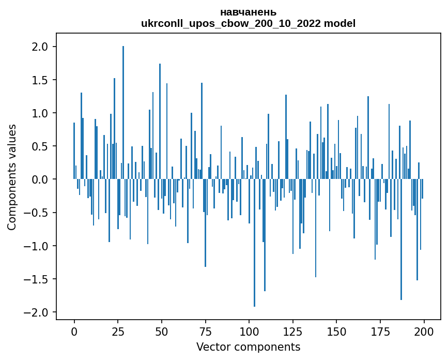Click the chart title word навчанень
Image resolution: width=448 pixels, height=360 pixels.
248,12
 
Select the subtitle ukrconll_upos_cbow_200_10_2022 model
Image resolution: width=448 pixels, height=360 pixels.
248,23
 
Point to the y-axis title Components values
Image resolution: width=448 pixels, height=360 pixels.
12,177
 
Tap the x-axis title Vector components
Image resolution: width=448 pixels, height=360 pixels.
248,347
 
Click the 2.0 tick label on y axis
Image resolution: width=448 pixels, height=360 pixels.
40,47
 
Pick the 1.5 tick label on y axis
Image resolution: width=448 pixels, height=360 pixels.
40,80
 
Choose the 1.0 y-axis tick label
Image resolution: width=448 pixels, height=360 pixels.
40,113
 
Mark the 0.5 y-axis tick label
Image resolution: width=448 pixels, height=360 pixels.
40,146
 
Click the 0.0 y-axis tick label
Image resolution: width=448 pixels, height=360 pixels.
40,179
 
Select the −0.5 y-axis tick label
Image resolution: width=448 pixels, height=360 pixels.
37,213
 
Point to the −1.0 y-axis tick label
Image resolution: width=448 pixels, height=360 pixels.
37,246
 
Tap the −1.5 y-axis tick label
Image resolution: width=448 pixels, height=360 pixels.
37,279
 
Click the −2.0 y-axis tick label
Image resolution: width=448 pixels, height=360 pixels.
37,312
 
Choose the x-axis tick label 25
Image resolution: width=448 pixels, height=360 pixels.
118,331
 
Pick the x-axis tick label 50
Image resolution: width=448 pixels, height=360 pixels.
161,331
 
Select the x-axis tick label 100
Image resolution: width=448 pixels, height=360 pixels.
249,331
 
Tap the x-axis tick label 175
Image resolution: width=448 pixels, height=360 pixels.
380,331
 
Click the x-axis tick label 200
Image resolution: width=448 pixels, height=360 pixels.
424,331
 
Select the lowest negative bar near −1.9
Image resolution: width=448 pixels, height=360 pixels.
254,243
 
